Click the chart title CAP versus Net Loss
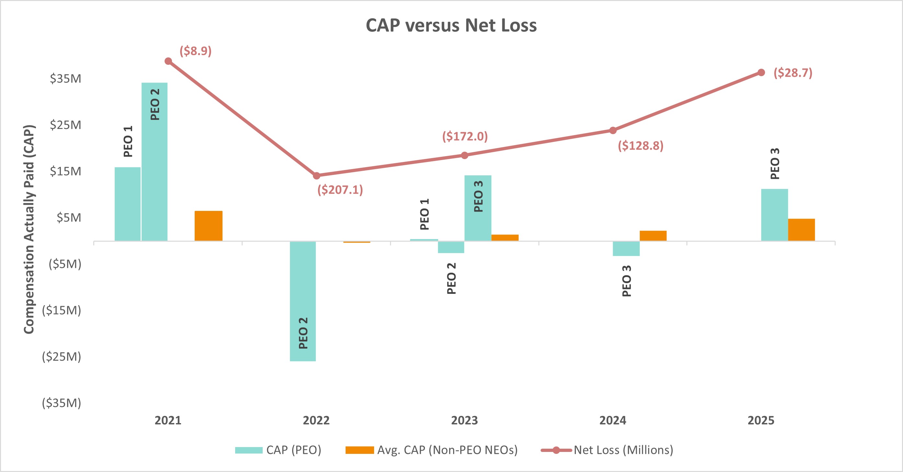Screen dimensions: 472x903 click(451, 26)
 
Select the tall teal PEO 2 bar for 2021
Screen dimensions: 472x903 click(154, 161)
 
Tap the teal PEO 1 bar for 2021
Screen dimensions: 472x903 click(127, 204)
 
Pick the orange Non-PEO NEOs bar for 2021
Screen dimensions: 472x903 click(208, 225)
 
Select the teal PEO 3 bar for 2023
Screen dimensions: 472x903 click(478, 208)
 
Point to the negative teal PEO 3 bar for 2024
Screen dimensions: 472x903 click(626, 248)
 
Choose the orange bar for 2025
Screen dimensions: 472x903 click(801, 230)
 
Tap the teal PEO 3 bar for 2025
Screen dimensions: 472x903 click(774, 214)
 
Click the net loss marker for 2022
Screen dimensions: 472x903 click(316, 176)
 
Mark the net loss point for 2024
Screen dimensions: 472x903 click(613, 131)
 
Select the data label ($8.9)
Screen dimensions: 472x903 click(196, 51)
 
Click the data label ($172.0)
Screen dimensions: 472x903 click(465, 136)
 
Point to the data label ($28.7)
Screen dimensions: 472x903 click(793, 73)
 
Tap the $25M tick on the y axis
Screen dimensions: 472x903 click(65, 125)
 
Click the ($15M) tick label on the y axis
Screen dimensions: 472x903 click(61, 310)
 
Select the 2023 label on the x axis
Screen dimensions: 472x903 click(464, 420)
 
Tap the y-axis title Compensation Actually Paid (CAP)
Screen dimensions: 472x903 click(29, 229)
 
